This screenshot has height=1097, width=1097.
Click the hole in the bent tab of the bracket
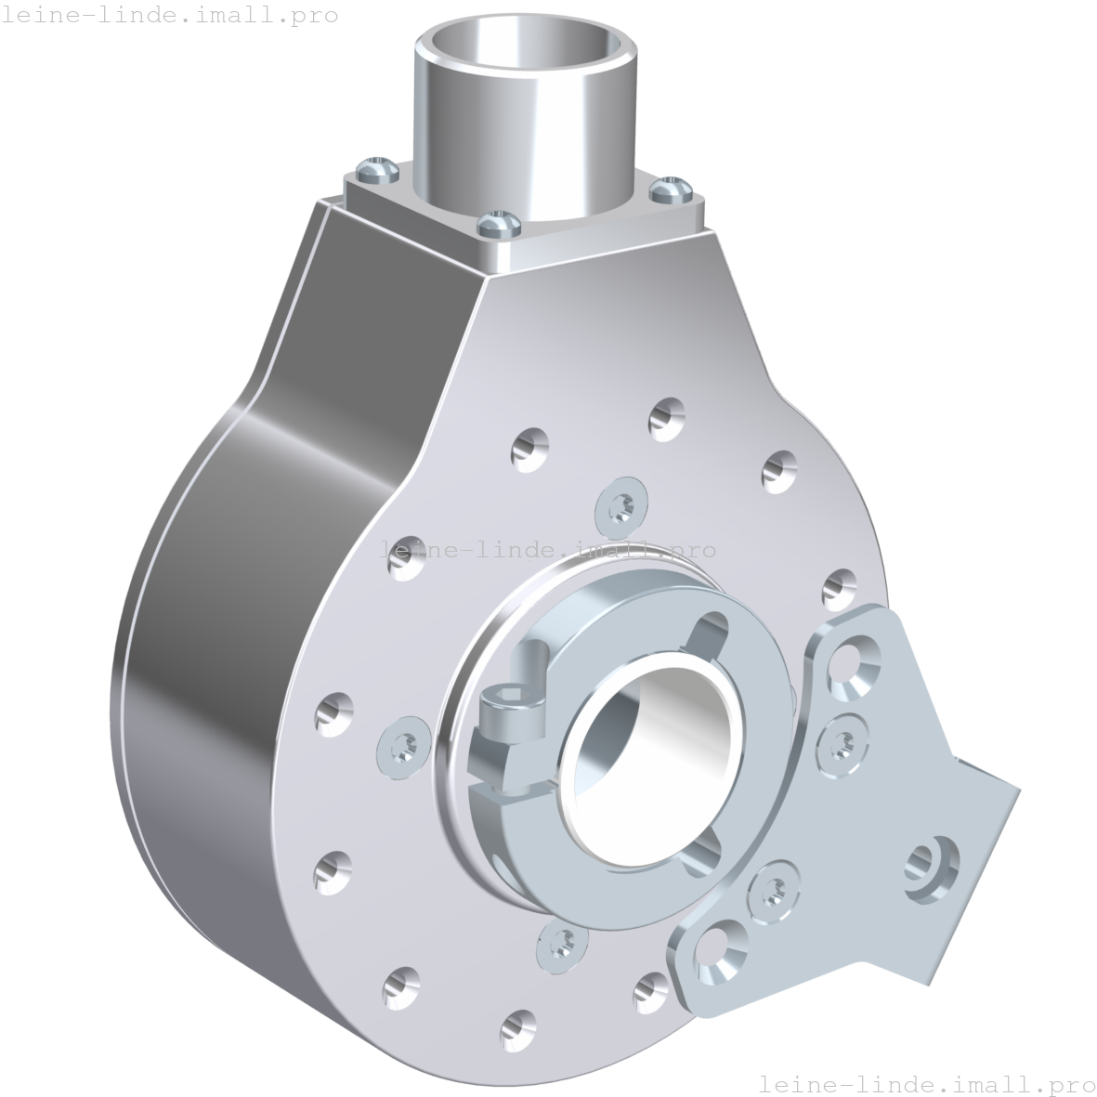930,860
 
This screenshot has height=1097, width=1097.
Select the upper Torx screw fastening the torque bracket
842,742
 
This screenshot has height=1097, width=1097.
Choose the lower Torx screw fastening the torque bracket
772,891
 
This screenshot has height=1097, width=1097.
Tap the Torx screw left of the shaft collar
405,744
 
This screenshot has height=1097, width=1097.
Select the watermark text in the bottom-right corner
926,1083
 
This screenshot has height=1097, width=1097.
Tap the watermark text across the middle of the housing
549,550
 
